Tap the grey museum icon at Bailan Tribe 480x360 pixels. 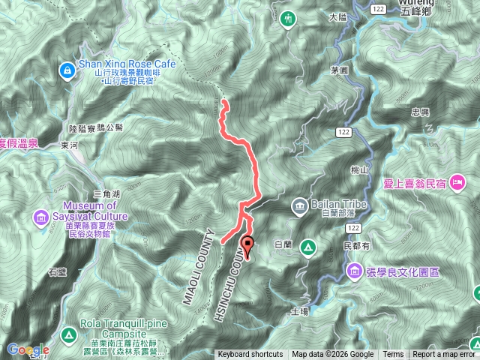pos(299,205)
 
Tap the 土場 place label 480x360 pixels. pos(298,310)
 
